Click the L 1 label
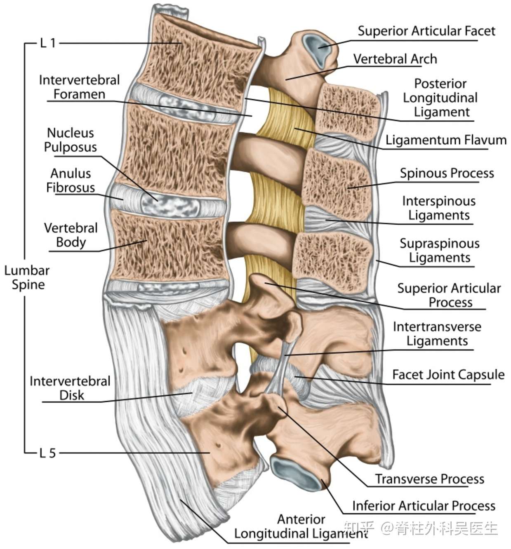48,43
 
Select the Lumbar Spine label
27,277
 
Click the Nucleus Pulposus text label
71,140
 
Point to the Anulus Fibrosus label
71,181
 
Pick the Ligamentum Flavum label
446,140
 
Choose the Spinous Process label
447,174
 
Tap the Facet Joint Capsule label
448,375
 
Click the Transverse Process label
429,479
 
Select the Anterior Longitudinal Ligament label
301,527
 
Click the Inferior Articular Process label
424,506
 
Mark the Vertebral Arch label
395,59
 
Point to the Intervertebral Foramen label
80,87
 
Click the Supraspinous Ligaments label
439,251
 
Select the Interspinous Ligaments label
439,208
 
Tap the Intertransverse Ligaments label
437,334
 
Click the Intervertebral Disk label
70,388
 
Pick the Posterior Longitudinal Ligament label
440,98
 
